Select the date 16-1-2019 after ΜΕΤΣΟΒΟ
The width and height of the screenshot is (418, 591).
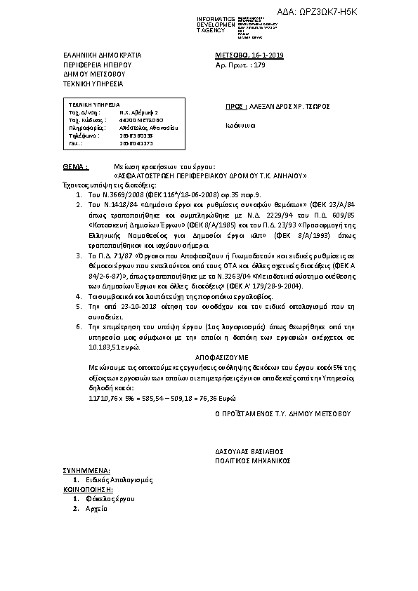(266, 54)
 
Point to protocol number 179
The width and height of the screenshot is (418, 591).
(259, 64)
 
